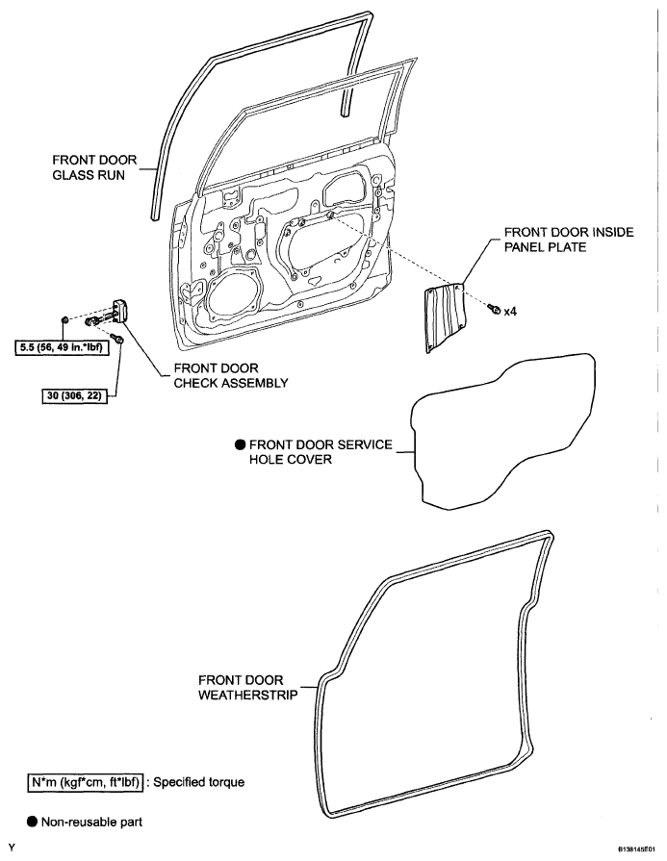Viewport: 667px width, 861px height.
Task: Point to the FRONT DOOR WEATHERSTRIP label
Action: coord(242,686)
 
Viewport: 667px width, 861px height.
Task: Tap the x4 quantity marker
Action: coord(511,311)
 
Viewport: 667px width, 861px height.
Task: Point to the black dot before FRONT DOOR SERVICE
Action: coord(239,445)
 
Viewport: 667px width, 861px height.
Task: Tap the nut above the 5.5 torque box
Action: coord(63,318)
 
